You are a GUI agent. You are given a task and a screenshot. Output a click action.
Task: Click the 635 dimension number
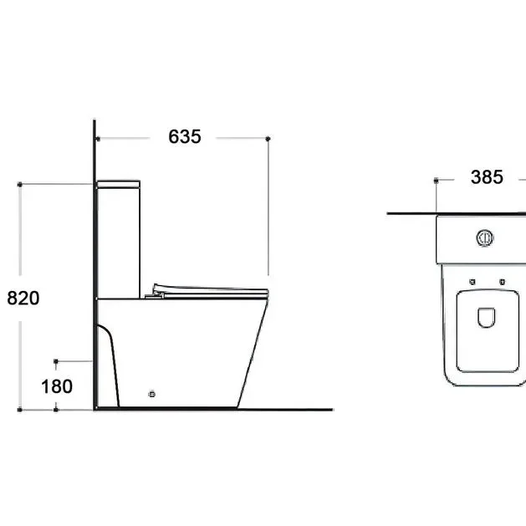pyautogui.click(x=185, y=136)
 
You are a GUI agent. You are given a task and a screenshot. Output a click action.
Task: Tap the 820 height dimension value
pyautogui.click(x=23, y=298)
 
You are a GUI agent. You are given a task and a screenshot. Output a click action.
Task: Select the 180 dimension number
pyautogui.click(x=57, y=386)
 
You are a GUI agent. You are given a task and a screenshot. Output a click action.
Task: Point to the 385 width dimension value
pyautogui.click(x=487, y=176)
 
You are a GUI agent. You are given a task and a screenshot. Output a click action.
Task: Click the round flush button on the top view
pyautogui.click(x=485, y=237)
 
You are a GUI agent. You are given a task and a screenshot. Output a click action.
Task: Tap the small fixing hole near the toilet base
pyautogui.click(x=151, y=394)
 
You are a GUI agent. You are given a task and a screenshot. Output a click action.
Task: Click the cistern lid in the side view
pyautogui.click(x=119, y=184)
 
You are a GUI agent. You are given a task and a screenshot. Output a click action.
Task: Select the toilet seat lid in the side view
pyautogui.click(x=211, y=290)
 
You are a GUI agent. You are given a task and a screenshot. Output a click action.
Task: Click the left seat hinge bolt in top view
pyautogui.click(x=472, y=282)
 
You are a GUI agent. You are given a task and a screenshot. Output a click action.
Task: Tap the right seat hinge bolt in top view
pyautogui.click(x=502, y=282)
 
